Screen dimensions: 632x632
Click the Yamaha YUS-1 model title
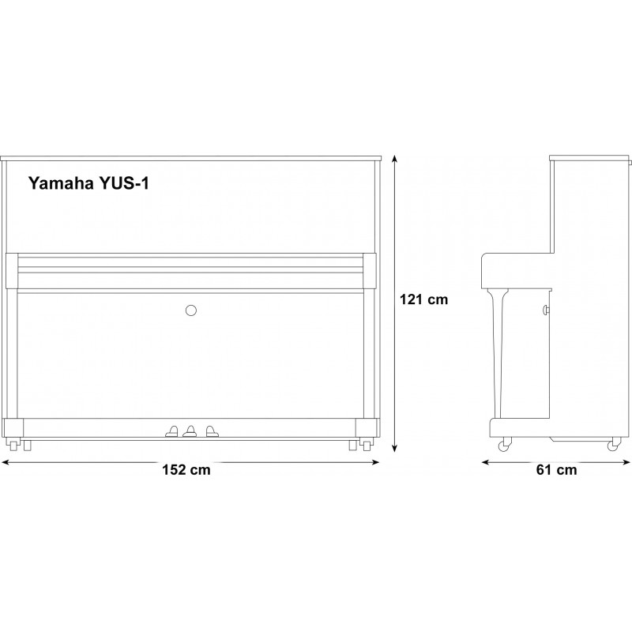(x=88, y=183)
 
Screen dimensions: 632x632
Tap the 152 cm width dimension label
(x=186, y=470)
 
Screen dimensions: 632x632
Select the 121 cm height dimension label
(x=423, y=299)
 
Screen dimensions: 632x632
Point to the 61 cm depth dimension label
(x=557, y=470)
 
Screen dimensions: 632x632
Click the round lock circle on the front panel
(x=191, y=310)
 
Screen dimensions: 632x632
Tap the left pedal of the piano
(x=172, y=431)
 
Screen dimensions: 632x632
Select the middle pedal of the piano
(x=190, y=431)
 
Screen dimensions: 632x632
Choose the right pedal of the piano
(x=212, y=431)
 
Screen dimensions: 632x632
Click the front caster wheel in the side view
(x=505, y=445)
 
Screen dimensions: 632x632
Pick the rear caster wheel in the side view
(x=613, y=445)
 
